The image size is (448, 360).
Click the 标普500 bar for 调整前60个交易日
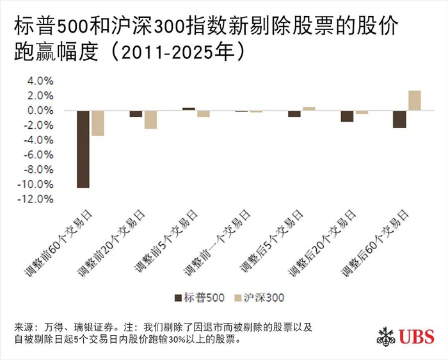click(x=83, y=149)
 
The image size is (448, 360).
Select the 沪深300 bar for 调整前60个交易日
click(x=97, y=122)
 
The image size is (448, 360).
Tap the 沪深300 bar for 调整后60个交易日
click(x=414, y=101)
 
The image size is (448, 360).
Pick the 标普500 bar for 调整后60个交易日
click(x=399, y=119)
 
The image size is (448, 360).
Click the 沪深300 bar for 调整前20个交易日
click(x=150, y=119)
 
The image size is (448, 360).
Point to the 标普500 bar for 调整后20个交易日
click(x=347, y=116)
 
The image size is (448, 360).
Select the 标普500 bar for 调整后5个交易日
click(x=294, y=113)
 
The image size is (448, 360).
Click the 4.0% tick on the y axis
click(x=40, y=81)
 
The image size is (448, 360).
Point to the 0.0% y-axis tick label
click(x=40, y=111)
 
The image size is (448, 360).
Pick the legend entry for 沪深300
click(x=259, y=297)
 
